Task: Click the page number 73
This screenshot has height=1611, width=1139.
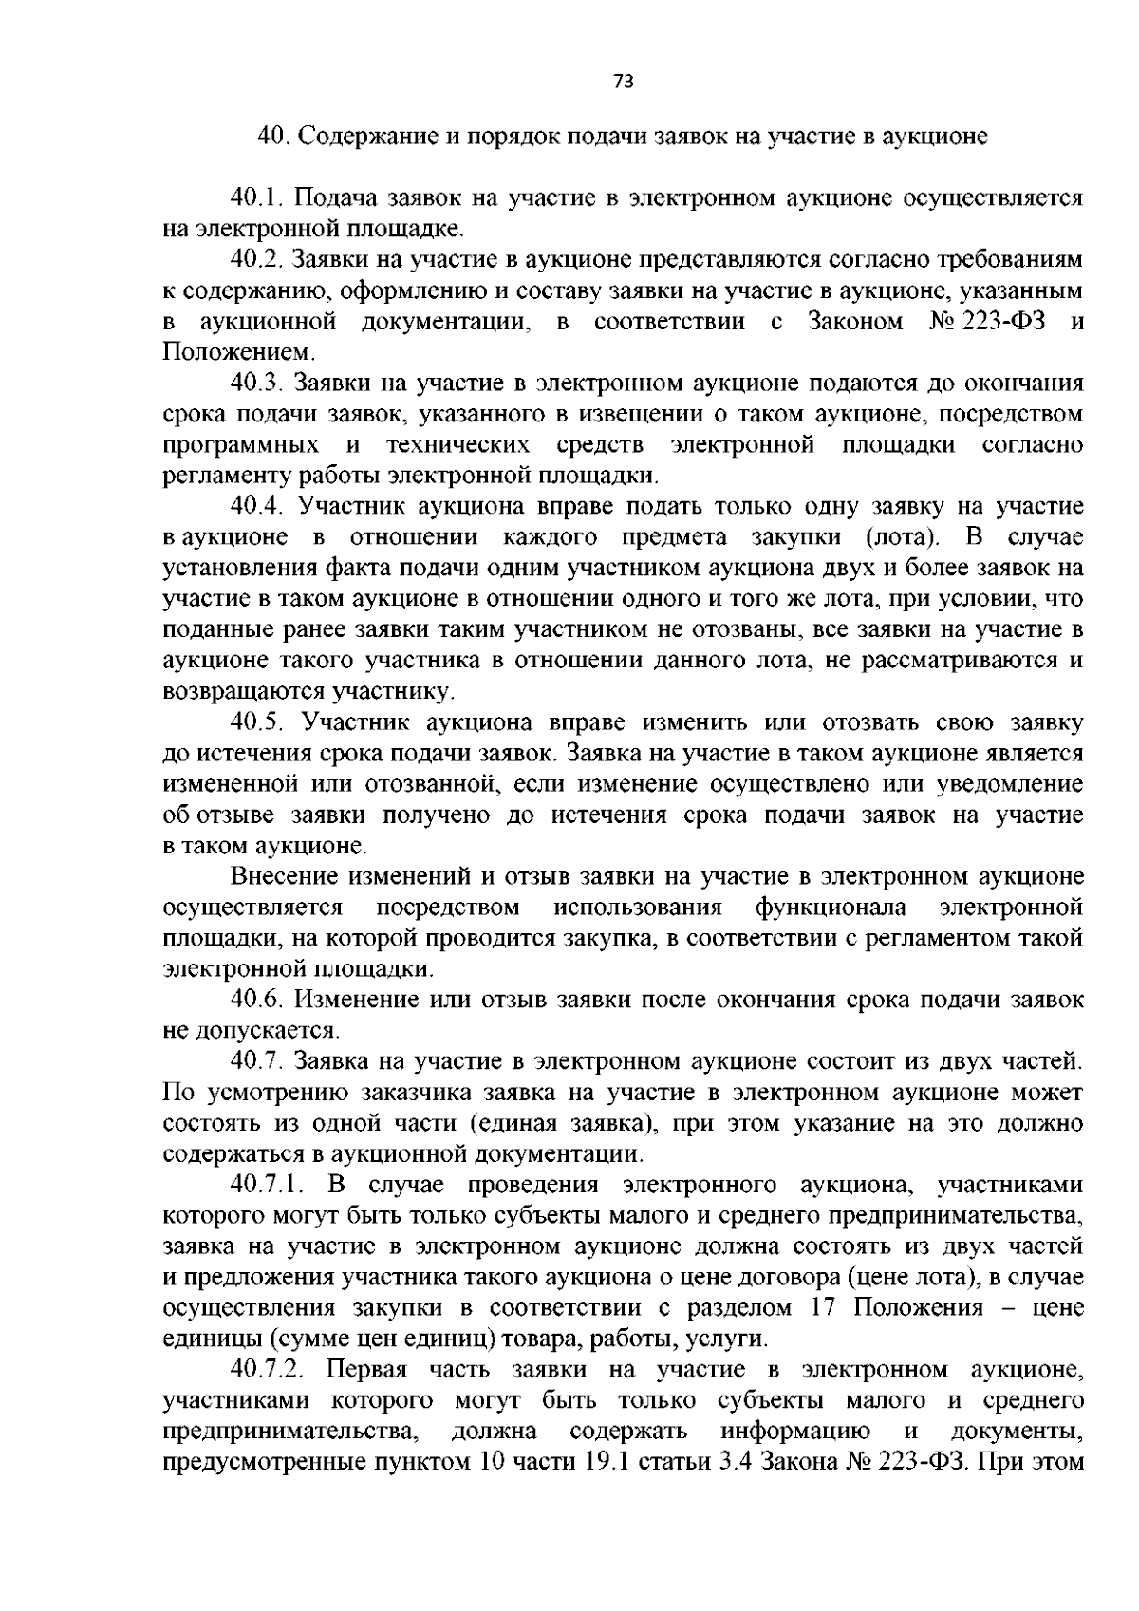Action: point(623,82)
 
